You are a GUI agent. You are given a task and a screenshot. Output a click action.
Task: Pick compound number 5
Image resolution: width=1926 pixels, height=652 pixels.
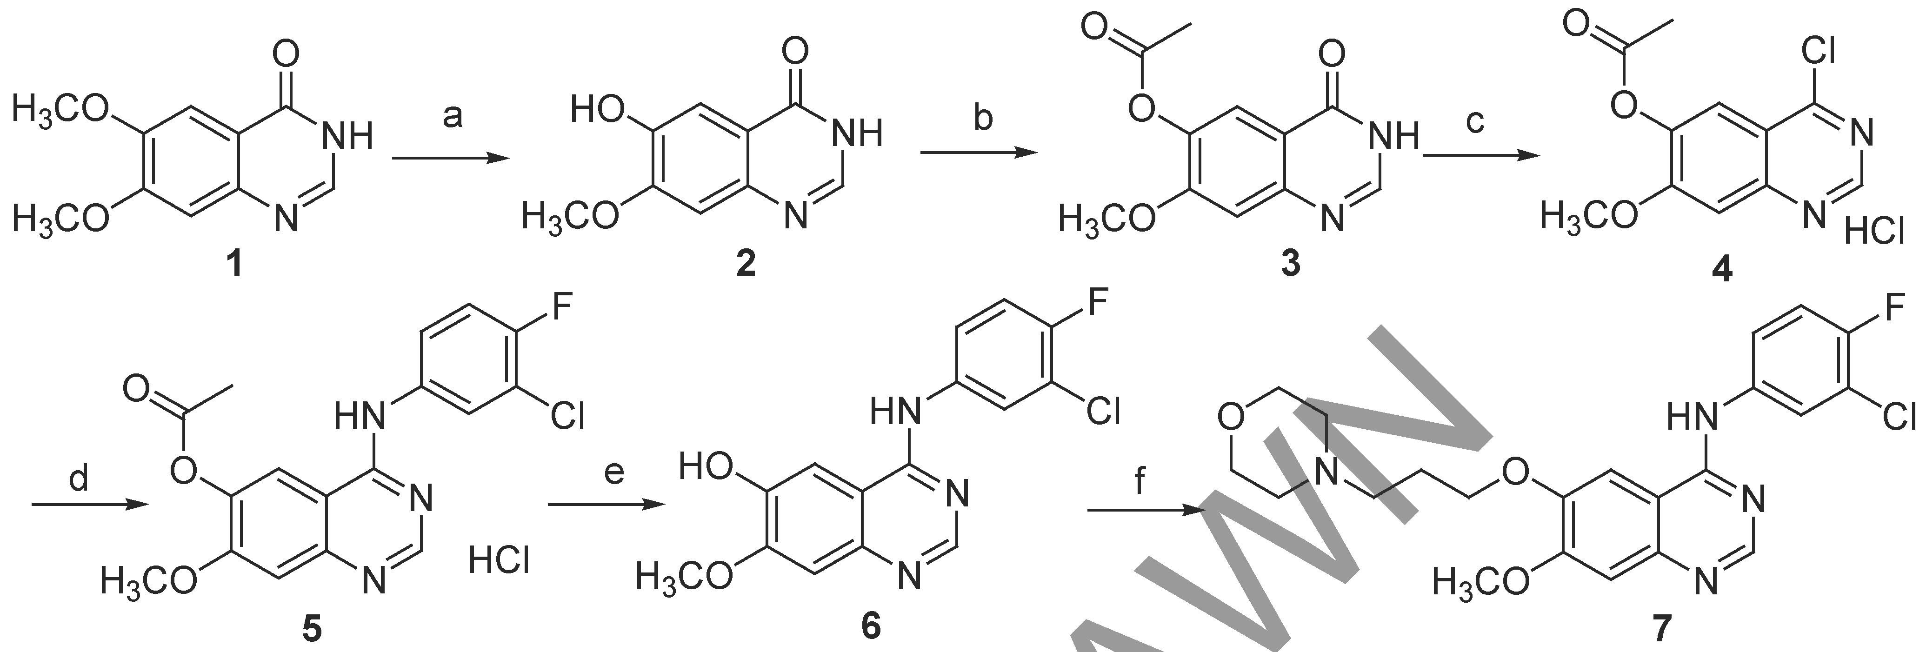(311, 630)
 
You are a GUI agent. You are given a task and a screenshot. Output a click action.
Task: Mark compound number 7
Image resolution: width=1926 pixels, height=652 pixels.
(1661, 630)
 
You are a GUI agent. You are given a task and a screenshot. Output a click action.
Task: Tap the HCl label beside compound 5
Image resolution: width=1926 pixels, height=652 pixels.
(500, 560)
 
